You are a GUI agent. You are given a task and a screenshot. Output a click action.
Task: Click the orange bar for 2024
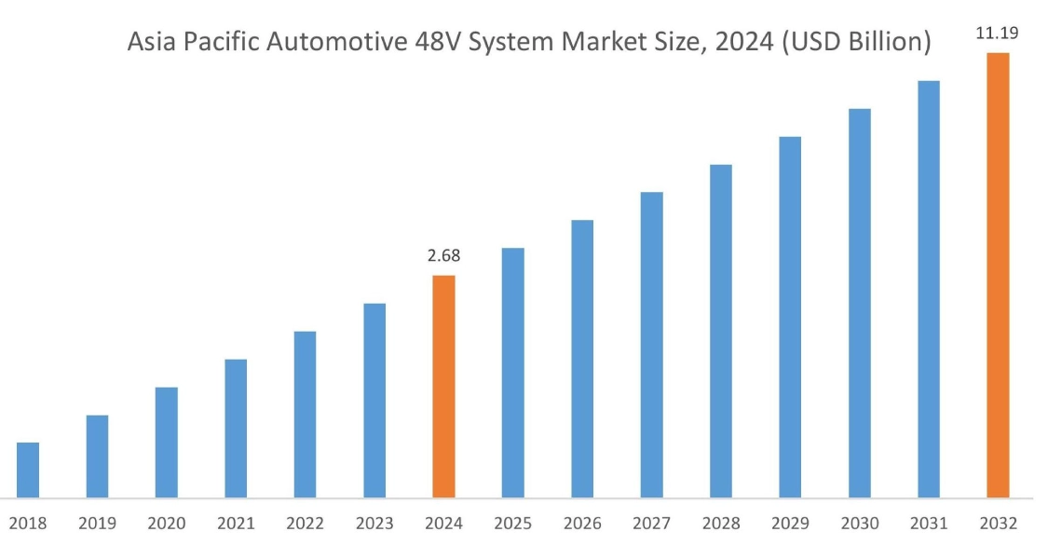click(x=444, y=387)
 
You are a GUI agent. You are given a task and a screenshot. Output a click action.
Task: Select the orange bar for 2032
click(x=998, y=275)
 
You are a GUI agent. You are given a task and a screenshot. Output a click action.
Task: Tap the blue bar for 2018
click(x=28, y=470)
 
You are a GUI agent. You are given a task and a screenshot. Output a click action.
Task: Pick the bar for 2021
click(x=236, y=429)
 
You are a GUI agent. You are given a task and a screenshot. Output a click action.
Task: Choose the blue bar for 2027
click(x=652, y=345)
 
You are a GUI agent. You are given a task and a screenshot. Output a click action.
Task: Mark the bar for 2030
click(x=860, y=303)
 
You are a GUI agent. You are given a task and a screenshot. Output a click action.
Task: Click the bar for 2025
click(x=513, y=373)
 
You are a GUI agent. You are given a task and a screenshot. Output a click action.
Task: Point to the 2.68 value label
click(x=444, y=255)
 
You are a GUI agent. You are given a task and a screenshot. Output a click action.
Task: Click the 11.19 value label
click(x=997, y=34)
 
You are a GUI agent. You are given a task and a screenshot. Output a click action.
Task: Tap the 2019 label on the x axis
click(x=97, y=524)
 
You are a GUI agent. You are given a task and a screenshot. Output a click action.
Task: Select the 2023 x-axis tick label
click(x=374, y=524)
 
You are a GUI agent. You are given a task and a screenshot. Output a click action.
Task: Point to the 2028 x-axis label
click(x=721, y=524)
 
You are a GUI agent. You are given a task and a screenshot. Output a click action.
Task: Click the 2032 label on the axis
click(x=998, y=524)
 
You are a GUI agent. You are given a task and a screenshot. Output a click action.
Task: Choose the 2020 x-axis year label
click(x=167, y=524)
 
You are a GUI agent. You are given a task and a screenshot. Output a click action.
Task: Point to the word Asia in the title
click(x=152, y=43)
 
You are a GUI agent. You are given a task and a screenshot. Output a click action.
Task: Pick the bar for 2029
click(x=790, y=317)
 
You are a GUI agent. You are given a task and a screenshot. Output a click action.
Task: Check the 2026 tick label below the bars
click(x=582, y=524)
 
